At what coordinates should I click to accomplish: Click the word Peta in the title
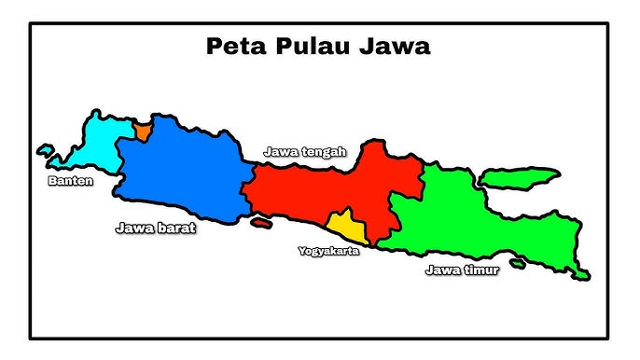click(x=233, y=47)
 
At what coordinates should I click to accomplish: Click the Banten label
click(x=71, y=181)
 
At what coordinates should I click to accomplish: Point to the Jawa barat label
click(x=156, y=227)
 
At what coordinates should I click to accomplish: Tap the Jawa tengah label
click(x=305, y=151)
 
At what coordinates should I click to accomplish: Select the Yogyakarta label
click(x=328, y=251)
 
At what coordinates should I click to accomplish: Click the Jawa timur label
click(x=462, y=270)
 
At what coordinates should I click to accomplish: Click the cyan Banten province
click(x=98, y=145)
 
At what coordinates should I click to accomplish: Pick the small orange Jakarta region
click(x=141, y=131)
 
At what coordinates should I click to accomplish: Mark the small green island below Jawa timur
click(x=517, y=264)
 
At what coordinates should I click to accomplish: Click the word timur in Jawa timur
click(x=481, y=270)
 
